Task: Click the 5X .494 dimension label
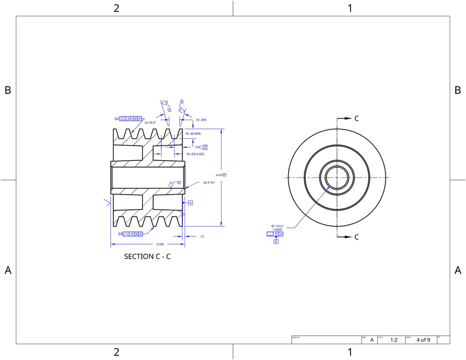point(201,120)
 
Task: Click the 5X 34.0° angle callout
point(150,122)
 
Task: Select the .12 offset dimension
point(201,237)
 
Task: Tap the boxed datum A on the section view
point(190,202)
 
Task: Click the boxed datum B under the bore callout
point(276,241)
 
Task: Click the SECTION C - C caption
point(147,256)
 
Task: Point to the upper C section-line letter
point(356,119)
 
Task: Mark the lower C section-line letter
point(356,237)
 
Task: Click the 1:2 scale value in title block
point(394,340)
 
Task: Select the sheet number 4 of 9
point(423,340)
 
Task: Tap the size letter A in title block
point(371,340)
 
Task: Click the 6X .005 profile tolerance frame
point(128,119)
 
